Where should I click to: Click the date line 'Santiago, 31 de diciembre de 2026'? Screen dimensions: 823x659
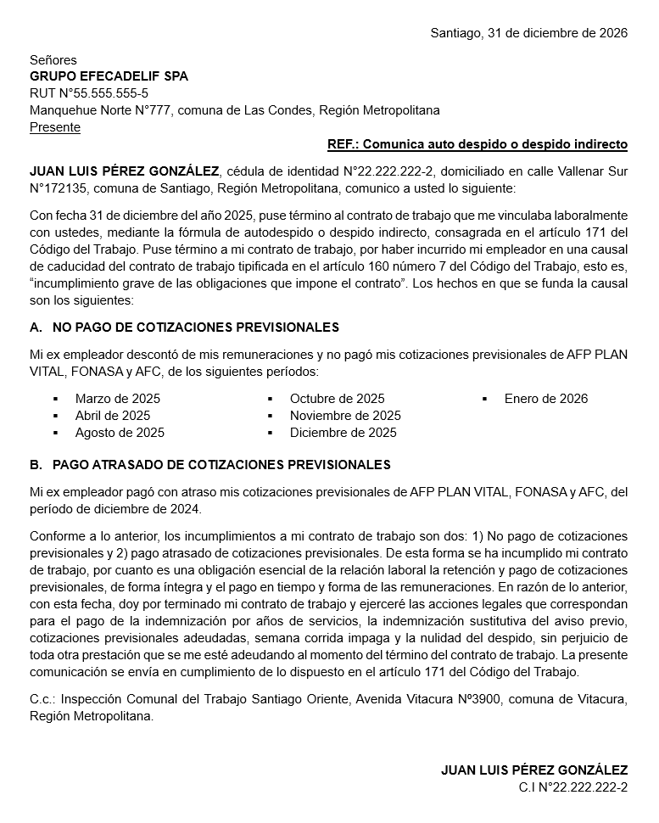click(x=528, y=33)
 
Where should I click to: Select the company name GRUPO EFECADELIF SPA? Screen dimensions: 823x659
click(x=109, y=76)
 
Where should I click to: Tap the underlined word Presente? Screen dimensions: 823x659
click(x=55, y=127)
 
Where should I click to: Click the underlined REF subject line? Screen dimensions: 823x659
click(x=477, y=143)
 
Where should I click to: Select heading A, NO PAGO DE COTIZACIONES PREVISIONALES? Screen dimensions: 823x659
click(x=184, y=328)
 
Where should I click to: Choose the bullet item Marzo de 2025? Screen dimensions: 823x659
click(x=117, y=399)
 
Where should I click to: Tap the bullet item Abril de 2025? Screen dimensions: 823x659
click(x=112, y=416)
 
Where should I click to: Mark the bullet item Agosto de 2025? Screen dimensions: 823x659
click(x=120, y=433)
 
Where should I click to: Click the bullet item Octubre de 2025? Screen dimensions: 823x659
click(x=337, y=399)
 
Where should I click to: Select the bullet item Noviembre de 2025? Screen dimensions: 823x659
click(x=345, y=416)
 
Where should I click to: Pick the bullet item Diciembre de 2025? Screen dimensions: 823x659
click(x=343, y=433)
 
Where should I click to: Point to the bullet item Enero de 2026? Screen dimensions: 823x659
click(x=545, y=399)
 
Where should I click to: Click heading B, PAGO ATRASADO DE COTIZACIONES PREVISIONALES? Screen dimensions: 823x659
click(x=209, y=465)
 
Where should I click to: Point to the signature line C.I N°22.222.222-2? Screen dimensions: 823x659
click(x=573, y=787)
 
